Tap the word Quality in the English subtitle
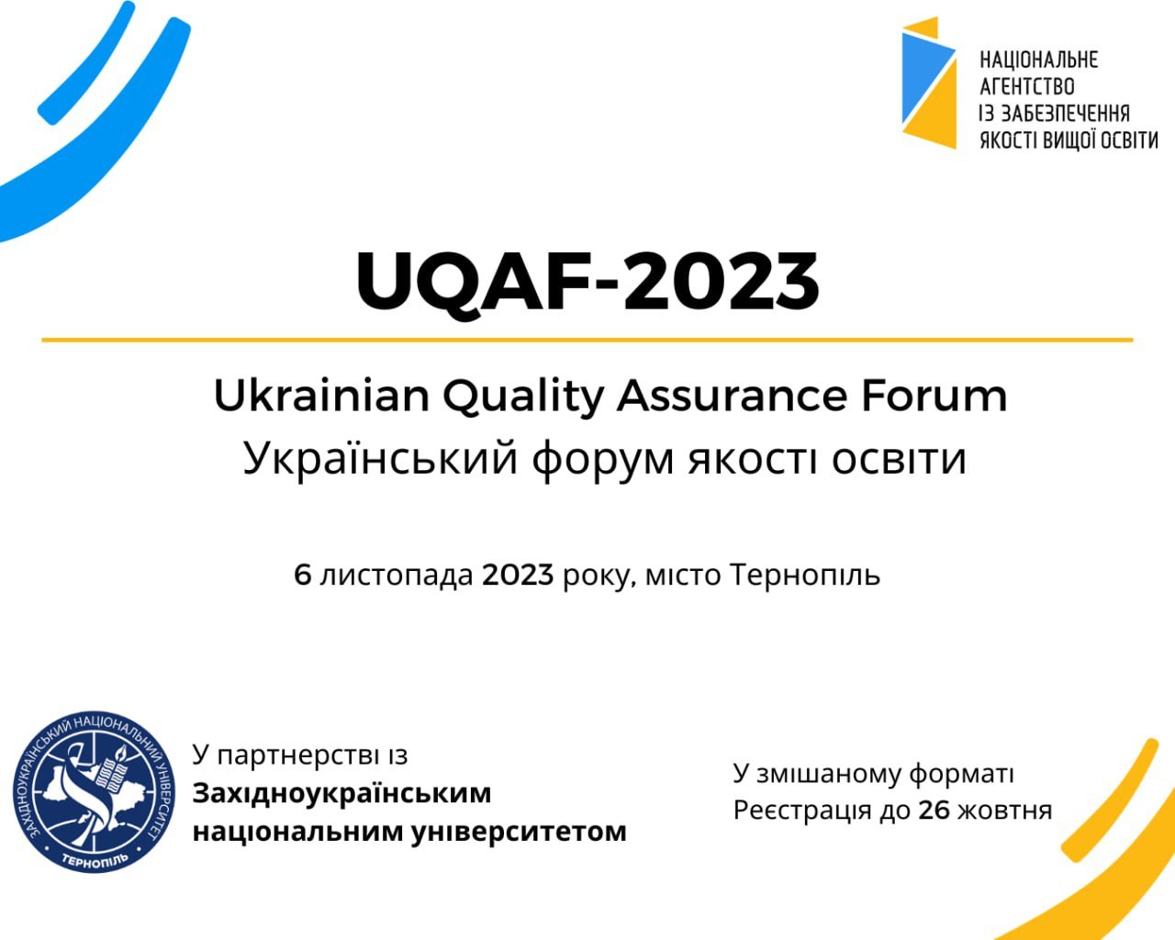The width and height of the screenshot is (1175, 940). coord(522,398)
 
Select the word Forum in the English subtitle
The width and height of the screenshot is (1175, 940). coord(934,396)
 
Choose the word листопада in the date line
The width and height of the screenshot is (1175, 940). coord(396,576)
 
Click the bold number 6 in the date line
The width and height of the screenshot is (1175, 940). coord(303,575)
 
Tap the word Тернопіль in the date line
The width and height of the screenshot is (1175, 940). coord(805,576)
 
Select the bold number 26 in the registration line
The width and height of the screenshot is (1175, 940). coord(934,810)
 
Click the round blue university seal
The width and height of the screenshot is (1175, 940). coord(94,792)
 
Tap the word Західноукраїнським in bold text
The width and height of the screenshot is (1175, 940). coord(341,794)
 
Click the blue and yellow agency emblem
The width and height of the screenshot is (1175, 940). coord(928,83)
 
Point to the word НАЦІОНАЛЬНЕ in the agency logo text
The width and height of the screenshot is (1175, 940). coord(1038,60)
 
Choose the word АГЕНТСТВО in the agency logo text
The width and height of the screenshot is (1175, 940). coord(1027,86)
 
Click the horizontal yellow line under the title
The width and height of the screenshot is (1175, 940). coord(587,340)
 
